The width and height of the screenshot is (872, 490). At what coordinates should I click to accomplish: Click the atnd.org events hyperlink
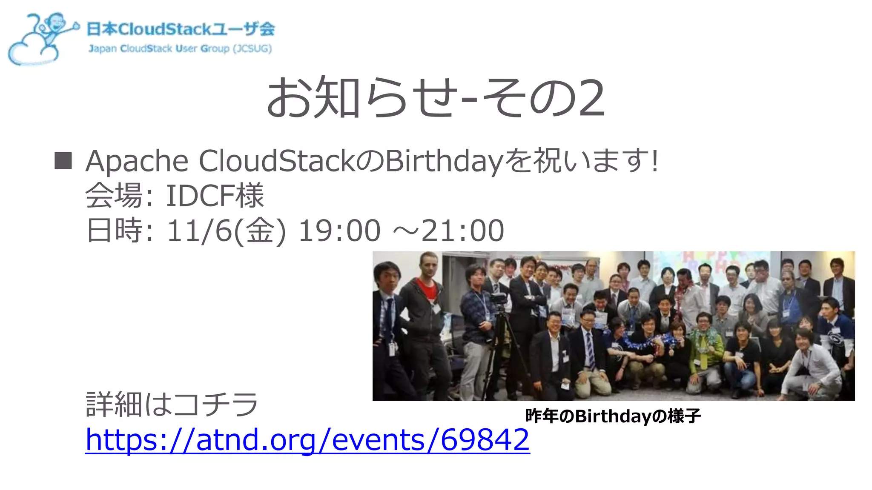tap(307, 440)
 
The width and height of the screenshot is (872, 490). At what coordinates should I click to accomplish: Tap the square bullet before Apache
tap(63, 161)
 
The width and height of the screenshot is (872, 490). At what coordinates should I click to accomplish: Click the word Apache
tap(137, 162)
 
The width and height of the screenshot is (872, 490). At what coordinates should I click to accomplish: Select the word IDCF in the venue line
tap(200, 196)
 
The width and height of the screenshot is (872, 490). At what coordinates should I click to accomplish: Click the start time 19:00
tap(339, 231)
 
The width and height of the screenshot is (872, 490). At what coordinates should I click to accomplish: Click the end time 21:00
tap(462, 231)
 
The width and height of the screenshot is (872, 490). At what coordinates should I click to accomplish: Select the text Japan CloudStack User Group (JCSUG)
tap(180, 48)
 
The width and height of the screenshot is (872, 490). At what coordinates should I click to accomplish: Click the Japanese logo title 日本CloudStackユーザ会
tap(181, 29)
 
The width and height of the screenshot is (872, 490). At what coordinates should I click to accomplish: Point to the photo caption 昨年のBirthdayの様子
tap(613, 416)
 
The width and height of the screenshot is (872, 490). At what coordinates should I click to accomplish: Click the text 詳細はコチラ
tap(172, 404)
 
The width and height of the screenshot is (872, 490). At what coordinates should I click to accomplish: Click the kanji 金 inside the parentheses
tap(259, 231)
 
